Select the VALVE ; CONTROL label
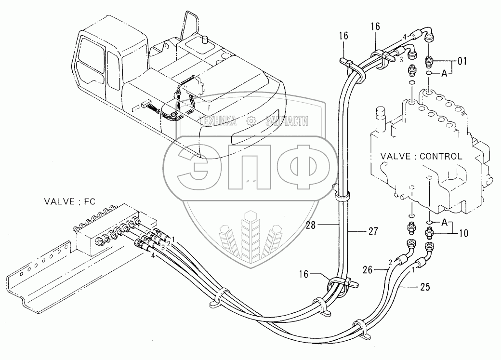tap(421, 157)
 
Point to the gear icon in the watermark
tap(250, 121)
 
